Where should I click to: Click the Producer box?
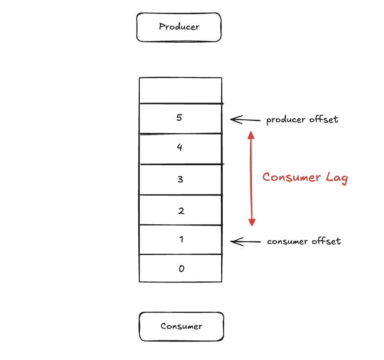(179, 27)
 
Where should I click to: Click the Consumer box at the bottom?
(181, 326)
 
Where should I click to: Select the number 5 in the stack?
(179, 118)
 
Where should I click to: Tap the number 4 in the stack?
(179, 147)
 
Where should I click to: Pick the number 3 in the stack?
(180, 179)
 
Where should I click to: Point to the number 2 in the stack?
(181, 211)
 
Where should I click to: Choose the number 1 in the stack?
(181, 239)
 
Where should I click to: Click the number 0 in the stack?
(181, 269)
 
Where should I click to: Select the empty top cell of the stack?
(181, 90)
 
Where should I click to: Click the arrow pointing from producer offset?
(245, 120)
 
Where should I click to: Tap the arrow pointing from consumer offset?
(245, 242)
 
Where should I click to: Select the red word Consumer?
(291, 177)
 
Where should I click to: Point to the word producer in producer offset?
(286, 120)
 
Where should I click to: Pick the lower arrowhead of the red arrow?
(252, 222)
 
